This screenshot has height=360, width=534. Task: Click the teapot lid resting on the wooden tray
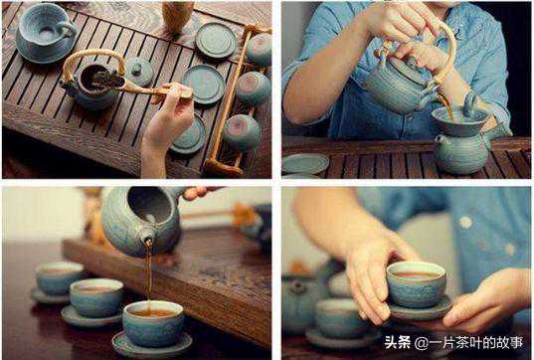138,71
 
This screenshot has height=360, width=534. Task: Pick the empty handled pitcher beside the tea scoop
45,33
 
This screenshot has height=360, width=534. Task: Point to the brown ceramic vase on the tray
177,16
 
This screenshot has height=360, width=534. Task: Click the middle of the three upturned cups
254,88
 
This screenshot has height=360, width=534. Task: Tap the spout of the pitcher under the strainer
440,139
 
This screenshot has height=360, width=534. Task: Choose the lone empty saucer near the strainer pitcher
305,163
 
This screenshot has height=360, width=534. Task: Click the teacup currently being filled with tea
153,323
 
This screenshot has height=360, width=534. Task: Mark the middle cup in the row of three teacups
96,297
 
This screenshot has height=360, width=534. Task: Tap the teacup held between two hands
417,284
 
